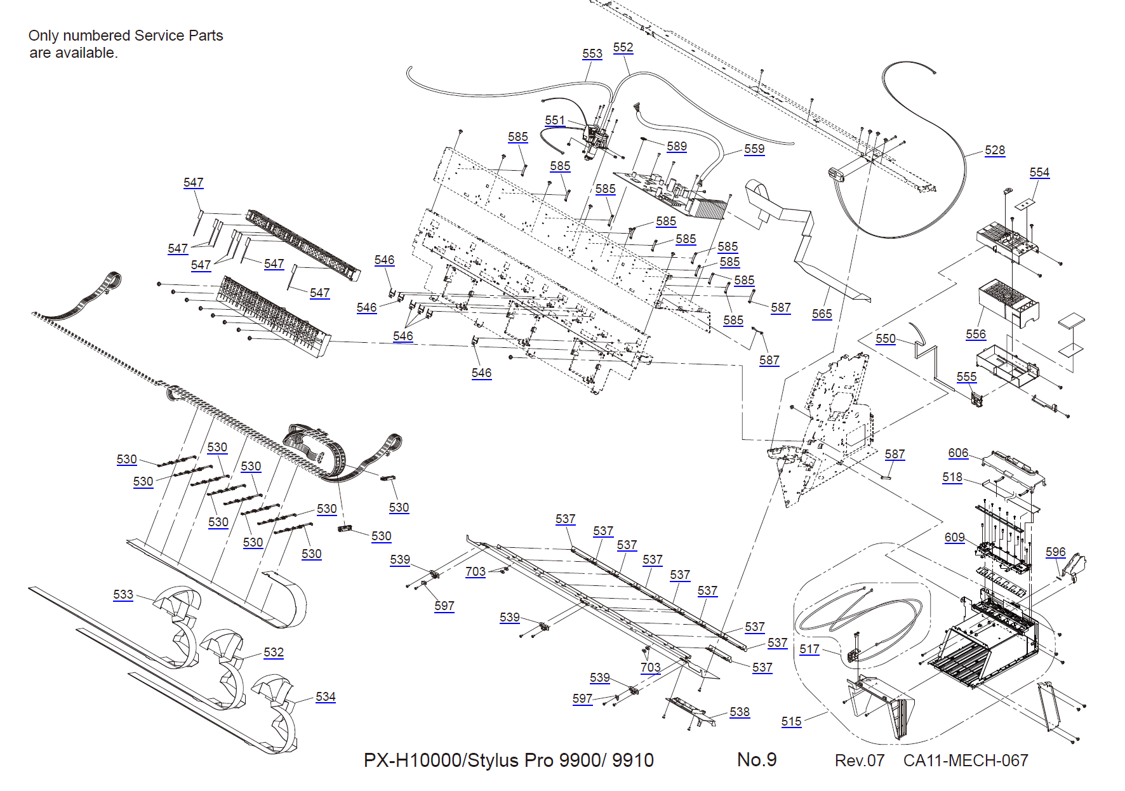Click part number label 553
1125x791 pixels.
[592, 54]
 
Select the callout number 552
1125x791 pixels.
[623, 48]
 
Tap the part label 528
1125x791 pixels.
[995, 150]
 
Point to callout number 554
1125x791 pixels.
[1039, 173]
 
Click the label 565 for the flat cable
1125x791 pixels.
[822, 314]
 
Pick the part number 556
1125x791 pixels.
[976, 335]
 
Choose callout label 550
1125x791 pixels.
[886, 339]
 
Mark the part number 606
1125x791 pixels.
[958, 453]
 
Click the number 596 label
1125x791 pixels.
[1055, 552]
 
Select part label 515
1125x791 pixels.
[791, 722]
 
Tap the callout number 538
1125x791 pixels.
[740, 712]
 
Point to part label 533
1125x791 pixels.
[123, 595]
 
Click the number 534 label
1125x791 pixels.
[326, 697]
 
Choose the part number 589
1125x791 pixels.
[677, 147]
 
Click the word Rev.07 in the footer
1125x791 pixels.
[859, 761]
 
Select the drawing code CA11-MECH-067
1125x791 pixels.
[965, 761]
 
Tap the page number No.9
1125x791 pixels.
[757, 760]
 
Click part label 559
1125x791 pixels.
[754, 149]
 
